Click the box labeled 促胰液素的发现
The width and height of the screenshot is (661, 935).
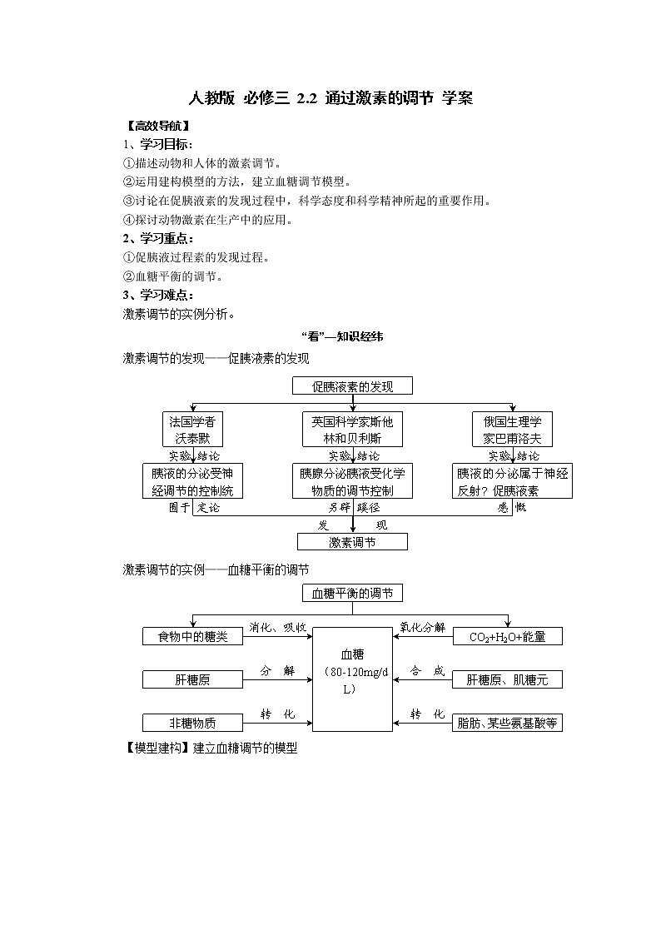point(352,386)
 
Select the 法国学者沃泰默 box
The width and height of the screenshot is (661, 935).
point(194,430)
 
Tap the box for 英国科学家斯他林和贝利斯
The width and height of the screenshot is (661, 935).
point(352,430)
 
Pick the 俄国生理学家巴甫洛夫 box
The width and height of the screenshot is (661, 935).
point(512,430)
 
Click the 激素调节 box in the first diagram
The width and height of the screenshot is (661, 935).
point(352,542)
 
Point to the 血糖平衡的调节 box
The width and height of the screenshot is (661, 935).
point(352,594)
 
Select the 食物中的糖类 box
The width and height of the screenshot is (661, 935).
point(192,637)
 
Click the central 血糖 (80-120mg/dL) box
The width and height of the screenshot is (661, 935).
point(352,679)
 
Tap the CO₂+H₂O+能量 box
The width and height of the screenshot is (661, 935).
point(508,637)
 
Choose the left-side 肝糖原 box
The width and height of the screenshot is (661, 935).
point(192,680)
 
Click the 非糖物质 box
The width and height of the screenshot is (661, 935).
point(192,723)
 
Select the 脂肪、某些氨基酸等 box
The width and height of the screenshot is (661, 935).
point(508,723)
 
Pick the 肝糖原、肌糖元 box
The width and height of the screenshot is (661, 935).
point(508,680)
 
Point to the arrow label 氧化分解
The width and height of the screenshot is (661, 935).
point(423,627)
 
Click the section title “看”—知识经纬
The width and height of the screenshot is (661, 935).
point(341,337)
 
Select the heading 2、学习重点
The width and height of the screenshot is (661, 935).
point(158,239)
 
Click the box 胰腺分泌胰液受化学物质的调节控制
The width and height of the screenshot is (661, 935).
point(352,482)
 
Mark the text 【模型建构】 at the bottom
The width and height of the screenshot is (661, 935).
point(157,748)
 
